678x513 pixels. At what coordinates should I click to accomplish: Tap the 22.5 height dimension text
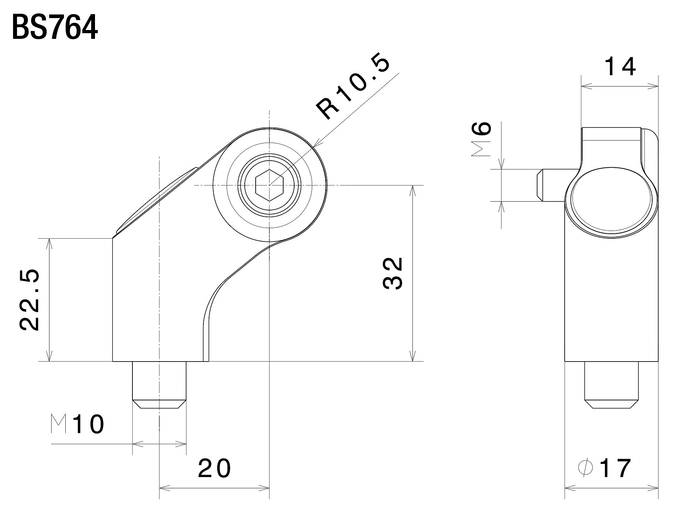pos(30,300)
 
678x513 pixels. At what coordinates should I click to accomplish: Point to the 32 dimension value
pos(393,273)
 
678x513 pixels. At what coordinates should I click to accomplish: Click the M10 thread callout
pos(78,424)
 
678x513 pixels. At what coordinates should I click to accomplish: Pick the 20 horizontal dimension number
pos(214,469)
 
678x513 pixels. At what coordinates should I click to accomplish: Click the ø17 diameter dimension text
pos(605,468)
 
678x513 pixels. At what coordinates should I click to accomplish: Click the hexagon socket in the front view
pos(269,185)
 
